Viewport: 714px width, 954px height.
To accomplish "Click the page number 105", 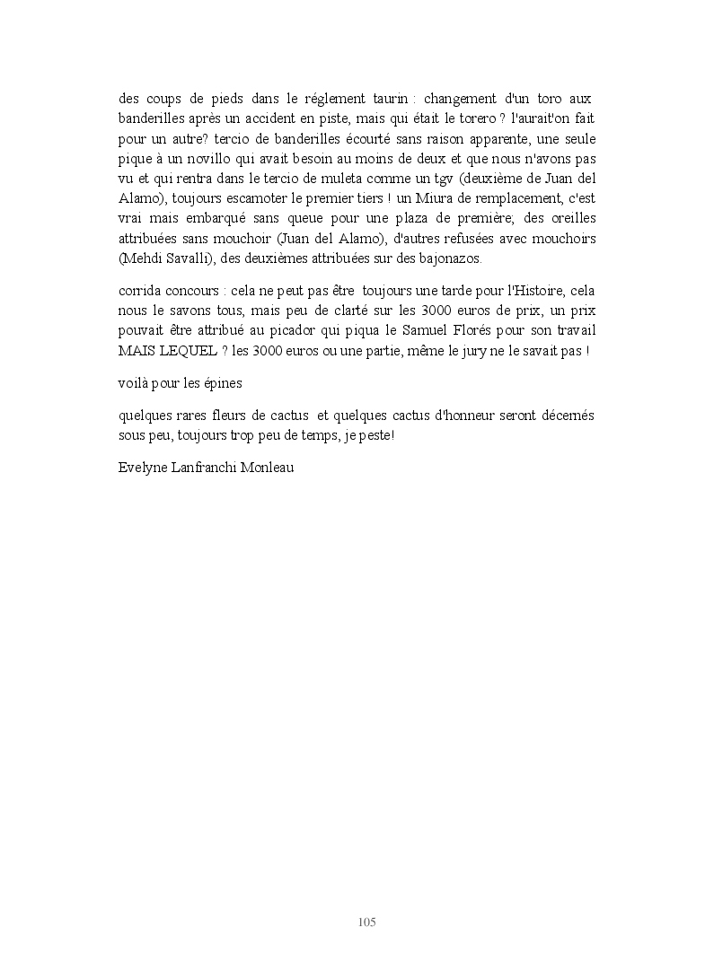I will point(366,922).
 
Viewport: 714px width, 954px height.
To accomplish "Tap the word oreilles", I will point(570,219).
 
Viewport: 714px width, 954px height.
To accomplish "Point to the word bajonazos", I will point(450,258).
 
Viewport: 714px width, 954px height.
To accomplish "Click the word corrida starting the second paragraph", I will point(140,292).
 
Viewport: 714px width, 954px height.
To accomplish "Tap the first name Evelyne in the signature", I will point(144,468).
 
